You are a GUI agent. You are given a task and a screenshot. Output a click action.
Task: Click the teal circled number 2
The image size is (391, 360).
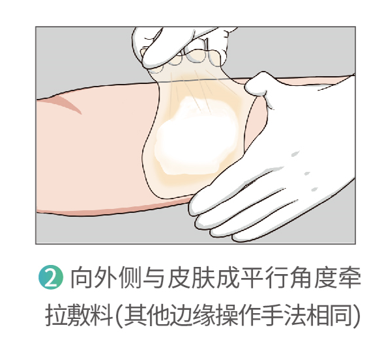pos(51,277)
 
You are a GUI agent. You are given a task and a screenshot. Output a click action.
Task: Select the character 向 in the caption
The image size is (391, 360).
pos(82,277)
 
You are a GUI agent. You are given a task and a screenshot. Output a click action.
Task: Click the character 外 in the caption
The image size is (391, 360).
pos(106,277)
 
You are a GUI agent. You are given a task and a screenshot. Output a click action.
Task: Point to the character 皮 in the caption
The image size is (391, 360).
pos(179,277)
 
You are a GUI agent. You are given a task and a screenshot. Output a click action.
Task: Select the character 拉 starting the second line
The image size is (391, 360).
pos(56,314)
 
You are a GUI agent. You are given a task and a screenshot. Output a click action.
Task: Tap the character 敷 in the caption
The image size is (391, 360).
pos(78,314)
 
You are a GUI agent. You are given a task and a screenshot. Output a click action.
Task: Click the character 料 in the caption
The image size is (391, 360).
pos(100,314)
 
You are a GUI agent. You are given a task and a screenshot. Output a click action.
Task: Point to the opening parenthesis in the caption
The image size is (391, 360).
pos(119,315)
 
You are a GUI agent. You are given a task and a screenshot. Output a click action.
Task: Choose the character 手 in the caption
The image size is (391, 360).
pos(273,314)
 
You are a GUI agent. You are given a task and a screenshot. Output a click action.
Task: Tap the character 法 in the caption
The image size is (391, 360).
pos(295,314)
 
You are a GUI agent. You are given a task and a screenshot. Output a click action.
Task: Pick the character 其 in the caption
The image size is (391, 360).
pos(135,314)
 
